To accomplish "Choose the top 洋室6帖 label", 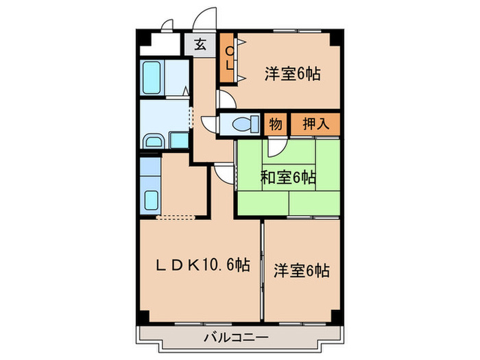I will click(293, 73).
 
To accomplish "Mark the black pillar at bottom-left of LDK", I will click(143, 316).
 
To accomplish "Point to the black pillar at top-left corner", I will click(143, 36).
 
